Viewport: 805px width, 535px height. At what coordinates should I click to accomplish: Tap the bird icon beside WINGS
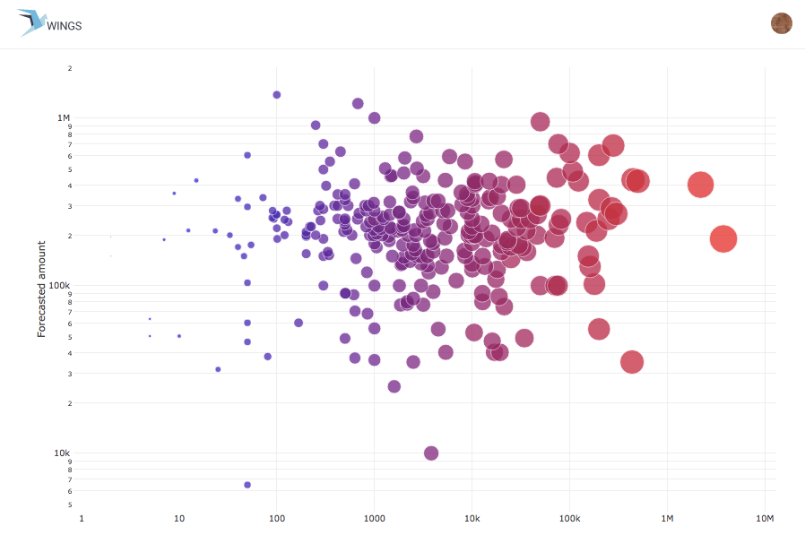(x=31, y=22)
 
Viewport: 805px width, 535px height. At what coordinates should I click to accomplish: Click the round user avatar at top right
(x=782, y=23)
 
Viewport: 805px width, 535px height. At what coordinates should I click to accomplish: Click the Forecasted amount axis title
(x=41, y=288)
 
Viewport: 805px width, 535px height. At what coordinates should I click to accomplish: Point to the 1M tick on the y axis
(x=64, y=118)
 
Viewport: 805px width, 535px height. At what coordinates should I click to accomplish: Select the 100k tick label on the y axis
(x=60, y=286)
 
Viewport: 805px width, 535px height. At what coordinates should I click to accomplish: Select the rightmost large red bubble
(x=723, y=239)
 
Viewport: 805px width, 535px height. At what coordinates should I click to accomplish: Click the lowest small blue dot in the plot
(x=247, y=485)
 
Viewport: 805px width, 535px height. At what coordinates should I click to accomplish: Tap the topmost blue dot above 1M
(x=277, y=95)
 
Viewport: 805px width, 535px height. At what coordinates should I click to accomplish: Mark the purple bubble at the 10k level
(x=431, y=453)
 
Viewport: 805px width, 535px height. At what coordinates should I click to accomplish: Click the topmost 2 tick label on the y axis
(x=69, y=68)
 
